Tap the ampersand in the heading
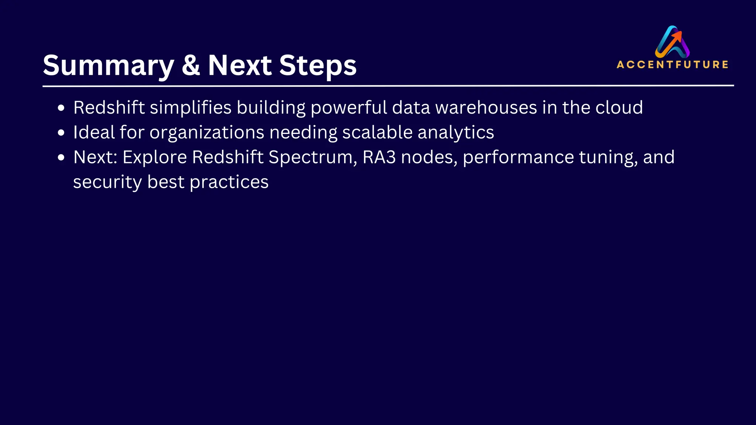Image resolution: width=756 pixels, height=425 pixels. point(190,65)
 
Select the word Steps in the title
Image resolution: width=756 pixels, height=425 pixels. point(317,66)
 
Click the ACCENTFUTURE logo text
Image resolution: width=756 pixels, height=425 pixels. point(672,65)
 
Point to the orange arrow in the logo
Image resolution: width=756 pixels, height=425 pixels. point(676,37)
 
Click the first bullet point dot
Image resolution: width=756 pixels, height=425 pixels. point(61,108)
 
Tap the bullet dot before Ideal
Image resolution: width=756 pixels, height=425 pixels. point(61,133)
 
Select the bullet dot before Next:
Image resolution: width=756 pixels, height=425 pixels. point(61,158)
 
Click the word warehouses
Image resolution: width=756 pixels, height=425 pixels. point(486,108)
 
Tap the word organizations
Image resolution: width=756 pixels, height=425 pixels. point(207,132)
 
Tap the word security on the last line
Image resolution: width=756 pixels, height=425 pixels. point(107,182)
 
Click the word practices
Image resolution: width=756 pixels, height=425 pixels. point(229,182)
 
